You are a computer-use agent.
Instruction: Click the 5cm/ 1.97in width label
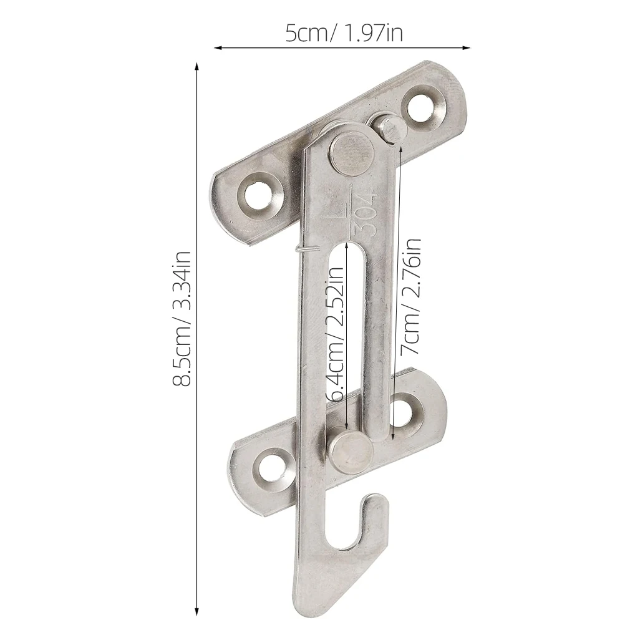(344, 32)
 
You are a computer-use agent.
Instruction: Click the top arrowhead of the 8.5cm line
(197, 66)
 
